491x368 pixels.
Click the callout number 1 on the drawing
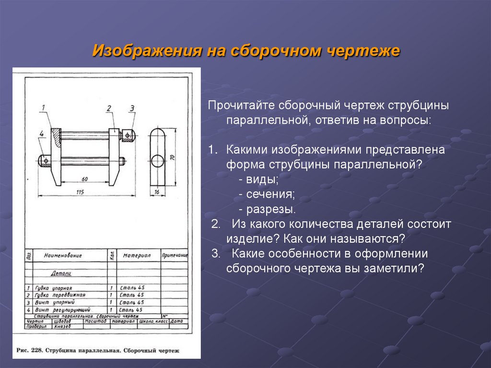(43, 107)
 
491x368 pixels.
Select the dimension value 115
(80, 192)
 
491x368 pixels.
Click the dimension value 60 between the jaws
(84, 179)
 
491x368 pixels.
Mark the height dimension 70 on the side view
(172, 157)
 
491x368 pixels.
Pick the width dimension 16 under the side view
(157, 192)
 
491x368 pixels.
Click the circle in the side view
(157, 160)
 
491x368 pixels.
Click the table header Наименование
(63, 256)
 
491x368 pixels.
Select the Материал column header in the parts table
(136, 256)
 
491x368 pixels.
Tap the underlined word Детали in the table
(61, 273)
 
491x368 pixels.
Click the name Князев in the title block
(62, 327)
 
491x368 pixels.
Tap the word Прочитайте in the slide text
(235, 105)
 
